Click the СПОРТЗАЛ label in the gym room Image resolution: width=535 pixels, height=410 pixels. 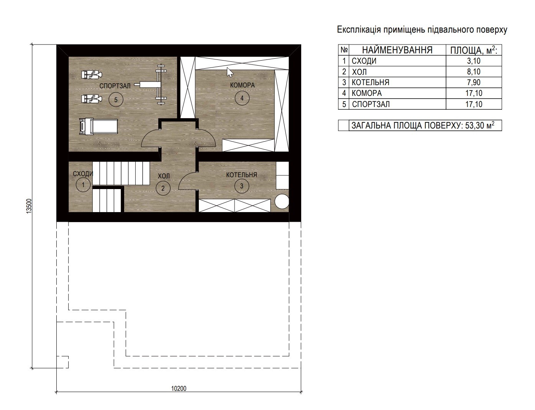[x=115, y=86]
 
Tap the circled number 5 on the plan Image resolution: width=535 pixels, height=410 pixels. [x=116, y=100]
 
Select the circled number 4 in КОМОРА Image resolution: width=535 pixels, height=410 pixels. [x=242, y=98]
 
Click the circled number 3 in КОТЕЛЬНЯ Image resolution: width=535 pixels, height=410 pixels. [x=241, y=186]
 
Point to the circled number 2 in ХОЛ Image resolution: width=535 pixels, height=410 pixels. [x=163, y=188]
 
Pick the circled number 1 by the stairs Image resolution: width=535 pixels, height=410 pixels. [x=83, y=185]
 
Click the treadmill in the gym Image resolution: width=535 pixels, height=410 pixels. [x=98, y=127]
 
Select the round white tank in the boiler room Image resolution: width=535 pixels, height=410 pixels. [x=282, y=202]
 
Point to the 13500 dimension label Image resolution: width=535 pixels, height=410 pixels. [x=29, y=206]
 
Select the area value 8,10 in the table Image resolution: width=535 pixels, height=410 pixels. [x=474, y=72]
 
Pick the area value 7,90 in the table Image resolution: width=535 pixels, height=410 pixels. [x=474, y=82]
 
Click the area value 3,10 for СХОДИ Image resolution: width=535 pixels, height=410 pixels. [x=474, y=61]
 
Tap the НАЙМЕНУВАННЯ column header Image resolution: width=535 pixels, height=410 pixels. [x=397, y=50]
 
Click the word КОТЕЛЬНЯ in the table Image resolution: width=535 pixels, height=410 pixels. [x=371, y=82]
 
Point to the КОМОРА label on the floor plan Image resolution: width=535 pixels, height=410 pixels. [x=242, y=85]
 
